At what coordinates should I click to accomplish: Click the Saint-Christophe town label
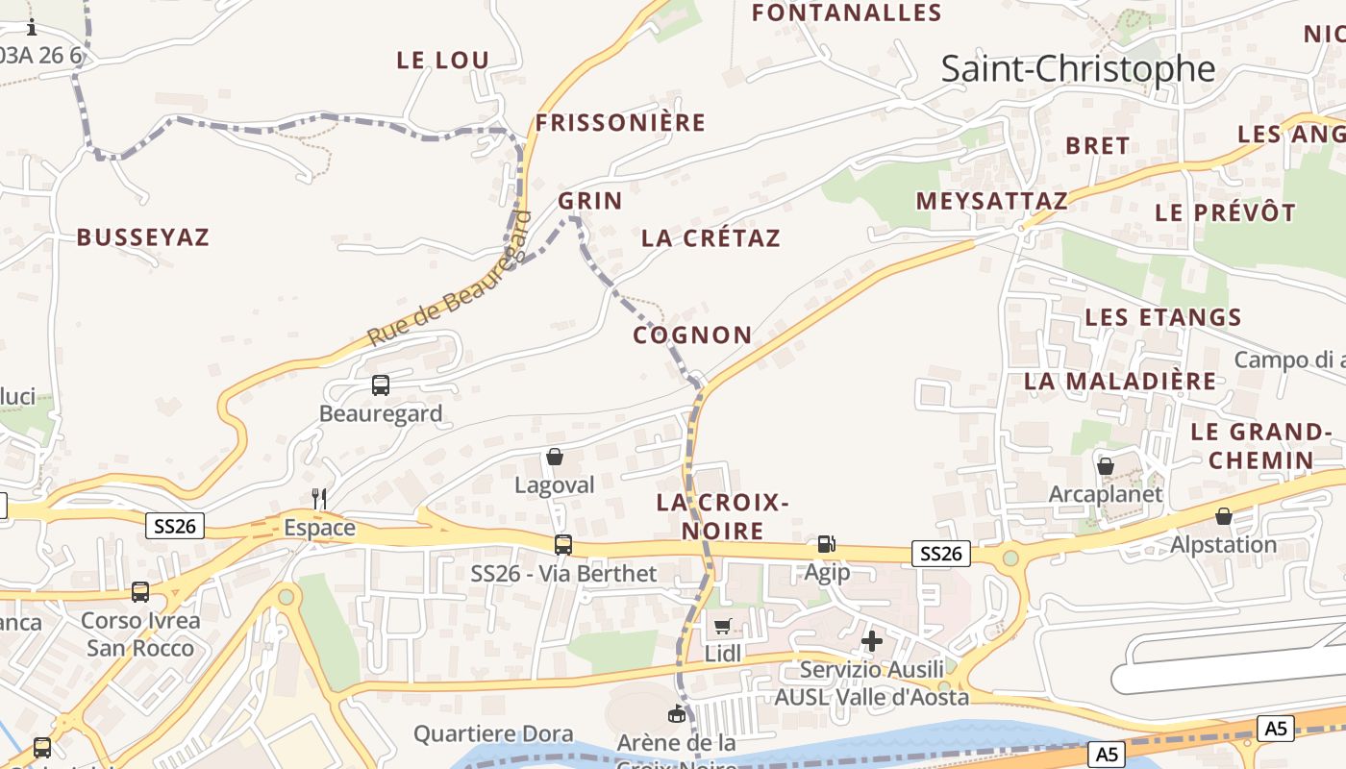point(1078,69)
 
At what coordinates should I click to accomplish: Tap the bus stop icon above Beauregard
point(381,385)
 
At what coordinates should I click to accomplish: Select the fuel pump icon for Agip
point(826,544)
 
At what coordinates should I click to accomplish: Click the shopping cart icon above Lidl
point(723,626)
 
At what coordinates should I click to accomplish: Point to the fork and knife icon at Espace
point(319,498)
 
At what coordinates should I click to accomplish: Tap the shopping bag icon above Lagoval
point(555,457)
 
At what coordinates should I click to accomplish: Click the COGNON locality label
point(692,335)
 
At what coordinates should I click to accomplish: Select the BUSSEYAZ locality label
point(142,237)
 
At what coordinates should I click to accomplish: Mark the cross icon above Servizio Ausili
point(872,640)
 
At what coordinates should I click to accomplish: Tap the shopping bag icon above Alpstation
point(1224,516)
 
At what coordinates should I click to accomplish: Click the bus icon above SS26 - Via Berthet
point(563,545)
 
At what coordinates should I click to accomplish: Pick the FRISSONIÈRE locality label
point(620,123)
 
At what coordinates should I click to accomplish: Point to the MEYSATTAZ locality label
point(991,201)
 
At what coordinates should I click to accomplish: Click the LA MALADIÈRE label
point(1120,381)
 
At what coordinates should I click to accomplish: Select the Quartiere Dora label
point(493,734)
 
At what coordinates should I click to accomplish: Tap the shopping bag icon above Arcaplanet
point(1106,466)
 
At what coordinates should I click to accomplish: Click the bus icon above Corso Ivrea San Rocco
point(140,592)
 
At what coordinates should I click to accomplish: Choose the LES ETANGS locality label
point(1163,317)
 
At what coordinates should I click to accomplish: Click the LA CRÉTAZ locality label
point(710,238)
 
